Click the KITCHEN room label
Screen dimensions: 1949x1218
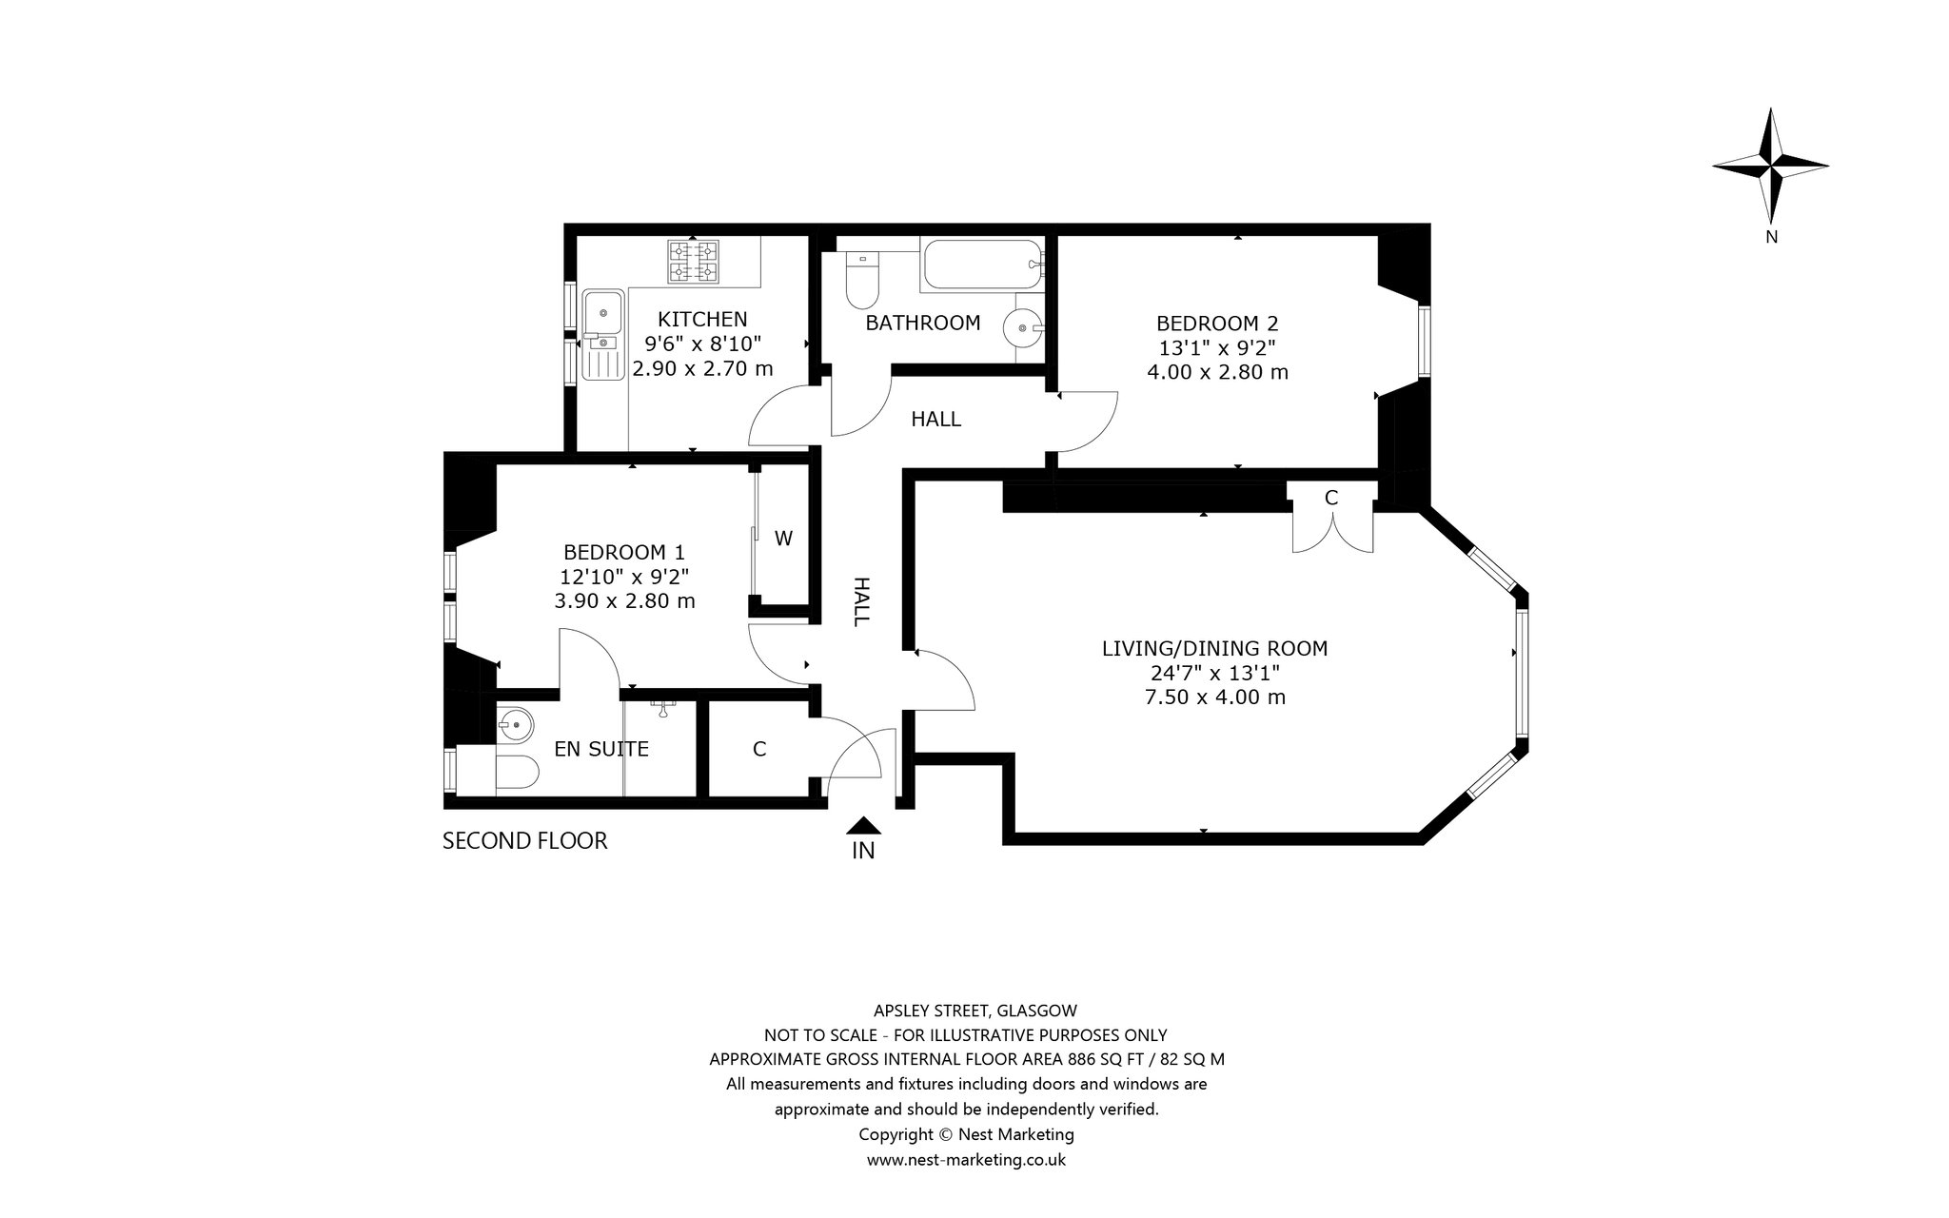tap(703, 320)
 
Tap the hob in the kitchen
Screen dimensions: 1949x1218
tap(694, 262)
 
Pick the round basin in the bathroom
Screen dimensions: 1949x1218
tap(1024, 328)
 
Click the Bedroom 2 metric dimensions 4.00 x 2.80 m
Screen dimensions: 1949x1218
tap(1217, 372)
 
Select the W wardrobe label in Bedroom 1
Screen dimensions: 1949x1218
tap(783, 539)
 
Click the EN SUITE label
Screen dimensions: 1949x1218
tap(601, 750)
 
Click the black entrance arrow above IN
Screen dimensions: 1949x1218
tap(862, 826)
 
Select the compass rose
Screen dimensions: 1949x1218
tap(1770, 166)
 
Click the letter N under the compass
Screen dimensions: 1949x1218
tap(1771, 237)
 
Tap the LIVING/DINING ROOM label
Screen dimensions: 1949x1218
tap(1214, 649)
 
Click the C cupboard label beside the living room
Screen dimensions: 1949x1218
tap(1331, 498)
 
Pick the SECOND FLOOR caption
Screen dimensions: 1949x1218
tap(524, 841)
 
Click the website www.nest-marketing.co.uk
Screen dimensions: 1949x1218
tap(966, 1160)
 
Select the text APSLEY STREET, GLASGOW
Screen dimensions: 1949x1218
tap(975, 1011)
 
